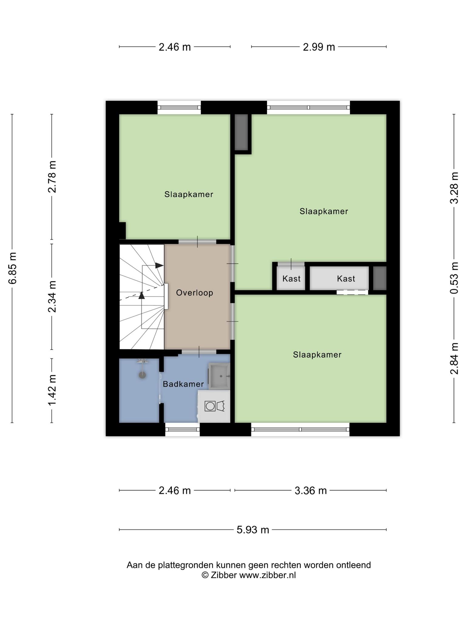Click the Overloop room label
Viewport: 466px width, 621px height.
(194, 293)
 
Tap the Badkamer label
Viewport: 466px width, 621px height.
(183, 384)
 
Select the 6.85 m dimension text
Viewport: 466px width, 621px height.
(13, 268)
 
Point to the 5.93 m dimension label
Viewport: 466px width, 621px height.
(253, 530)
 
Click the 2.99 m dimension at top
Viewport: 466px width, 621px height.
(319, 47)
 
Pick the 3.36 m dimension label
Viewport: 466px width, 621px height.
(311, 491)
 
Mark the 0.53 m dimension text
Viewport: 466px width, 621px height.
(454, 278)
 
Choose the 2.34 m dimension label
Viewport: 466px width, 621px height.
(52, 296)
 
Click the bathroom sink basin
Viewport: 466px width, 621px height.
(219, 376)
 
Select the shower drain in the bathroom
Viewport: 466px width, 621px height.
(142, 375)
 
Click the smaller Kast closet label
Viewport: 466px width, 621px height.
(291, 278)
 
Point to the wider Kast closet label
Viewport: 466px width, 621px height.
(346, 278)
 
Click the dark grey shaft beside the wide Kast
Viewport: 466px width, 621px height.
(380, 278)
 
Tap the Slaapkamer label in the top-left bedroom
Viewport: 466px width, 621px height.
(189, 194)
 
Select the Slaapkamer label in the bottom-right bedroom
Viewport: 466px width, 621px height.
(317, 354)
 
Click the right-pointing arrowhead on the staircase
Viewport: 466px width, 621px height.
(160, 265)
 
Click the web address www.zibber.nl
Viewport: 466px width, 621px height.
(268, 575)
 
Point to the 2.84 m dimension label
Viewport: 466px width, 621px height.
(454, 358)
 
